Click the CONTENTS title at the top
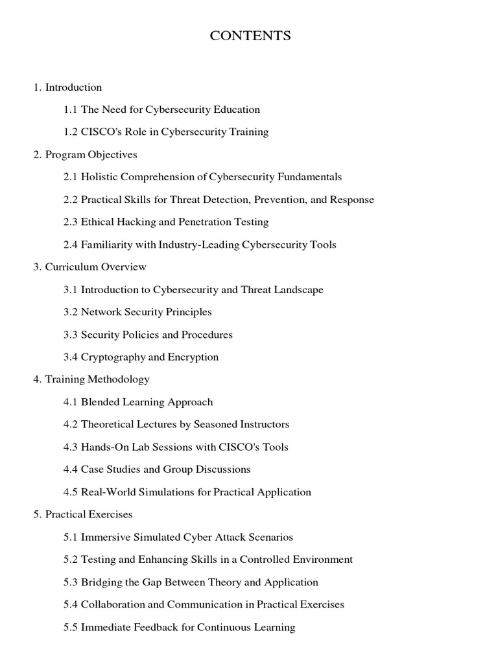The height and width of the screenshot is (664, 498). click(250, 36)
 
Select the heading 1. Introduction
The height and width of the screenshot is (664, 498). click(67, 87)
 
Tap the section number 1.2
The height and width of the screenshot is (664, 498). click(71, 132)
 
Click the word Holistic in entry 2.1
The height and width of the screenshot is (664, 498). click(99, 176)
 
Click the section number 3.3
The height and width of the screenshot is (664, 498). click(71, 335)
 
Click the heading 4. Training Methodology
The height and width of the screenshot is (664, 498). click(91, 379)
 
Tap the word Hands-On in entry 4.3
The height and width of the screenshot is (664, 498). click(102, 447)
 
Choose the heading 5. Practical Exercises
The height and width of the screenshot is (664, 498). click(82, 514)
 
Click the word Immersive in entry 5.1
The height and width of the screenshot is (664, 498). click(104, 537)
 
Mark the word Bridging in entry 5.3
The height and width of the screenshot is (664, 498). click(101, 582)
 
